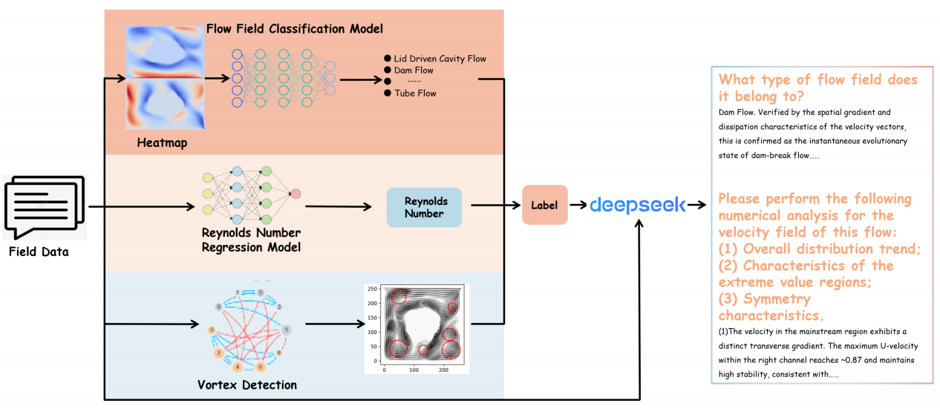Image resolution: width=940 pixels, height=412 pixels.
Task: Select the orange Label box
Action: (x=544, y=204)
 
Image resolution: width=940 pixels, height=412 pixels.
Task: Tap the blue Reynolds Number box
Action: (x=424, y=207)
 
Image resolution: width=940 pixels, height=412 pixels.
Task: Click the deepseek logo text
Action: (x=638, y=205)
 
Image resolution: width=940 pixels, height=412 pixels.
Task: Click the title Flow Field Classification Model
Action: (x=295, y=29)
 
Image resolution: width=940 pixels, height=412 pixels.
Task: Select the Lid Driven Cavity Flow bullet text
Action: (x=440, y=59)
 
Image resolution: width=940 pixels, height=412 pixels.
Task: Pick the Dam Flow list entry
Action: (x=414, y=71)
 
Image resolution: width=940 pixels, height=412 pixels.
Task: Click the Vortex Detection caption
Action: (x=247, y=385)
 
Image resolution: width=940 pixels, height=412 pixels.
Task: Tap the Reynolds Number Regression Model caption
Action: (x=251, y=239)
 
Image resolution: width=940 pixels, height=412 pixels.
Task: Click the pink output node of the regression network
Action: (x=296, y=194)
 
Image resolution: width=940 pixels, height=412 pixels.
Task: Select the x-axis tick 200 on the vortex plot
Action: (x=443, y=369)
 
